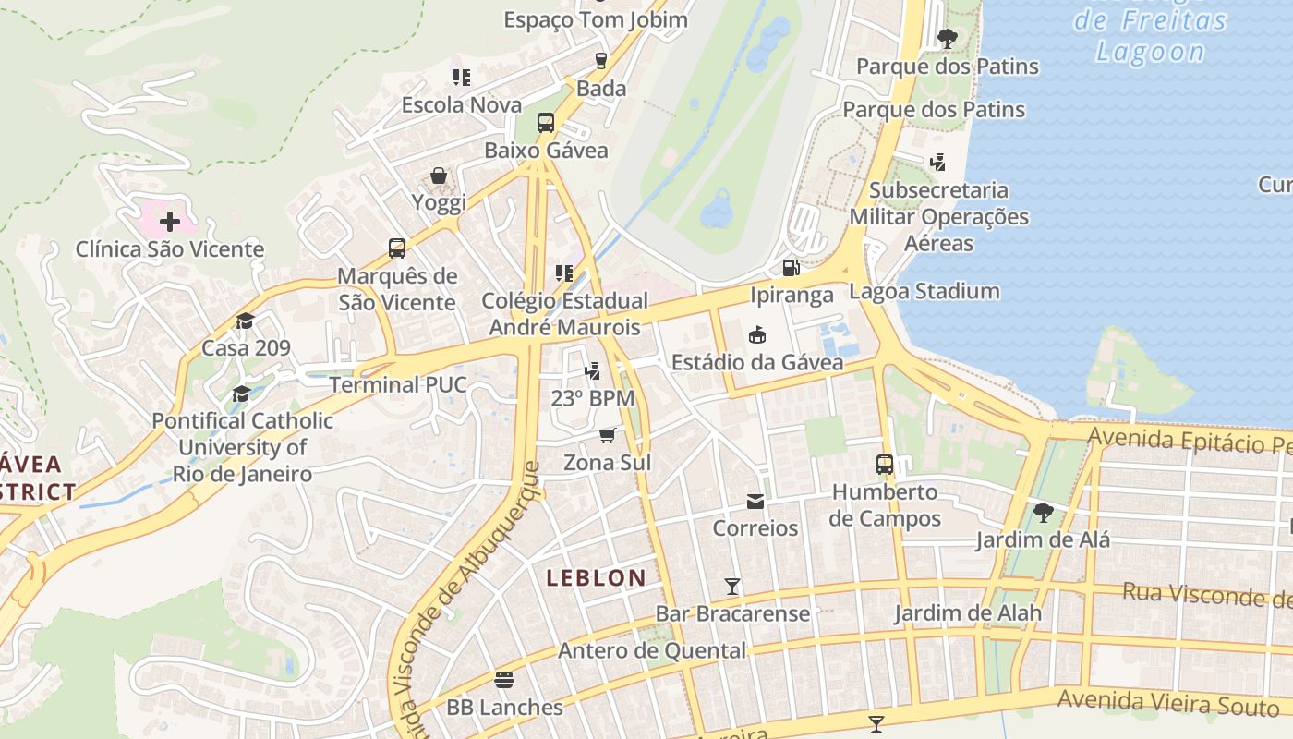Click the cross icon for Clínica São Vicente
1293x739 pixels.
click(170, 222)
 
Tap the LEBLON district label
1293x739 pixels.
click(596, 578)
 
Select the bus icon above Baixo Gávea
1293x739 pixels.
click(546, 123)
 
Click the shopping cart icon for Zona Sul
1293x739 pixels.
click(608, 434)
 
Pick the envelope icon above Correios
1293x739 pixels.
click(755, 502)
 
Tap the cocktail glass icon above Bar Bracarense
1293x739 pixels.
click(732, 586)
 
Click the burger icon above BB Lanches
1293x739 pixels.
click(504, 680)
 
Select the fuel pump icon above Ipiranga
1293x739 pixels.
click(791, 268)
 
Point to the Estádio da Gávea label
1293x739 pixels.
click(757, 362)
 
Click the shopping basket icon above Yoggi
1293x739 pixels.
click(439, 176)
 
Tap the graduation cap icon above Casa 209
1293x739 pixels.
click(245, 321)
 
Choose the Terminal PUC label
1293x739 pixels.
click(398, 384)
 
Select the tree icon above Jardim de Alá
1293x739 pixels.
click(1044, 511)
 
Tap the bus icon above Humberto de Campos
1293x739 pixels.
click(885, 464)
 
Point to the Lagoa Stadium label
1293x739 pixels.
click(924, 292)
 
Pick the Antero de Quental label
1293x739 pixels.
click(652, 650)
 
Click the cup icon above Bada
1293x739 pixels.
click(601, 61)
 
